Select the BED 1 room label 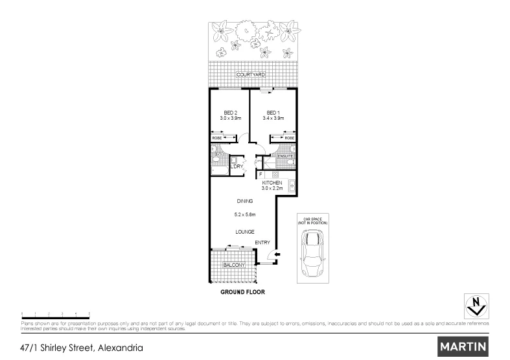pyautogui.click(x=272, y=112)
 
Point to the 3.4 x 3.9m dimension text pyautogui.click(x=273, y=118)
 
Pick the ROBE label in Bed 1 pyautogui.click(x=289, y=138)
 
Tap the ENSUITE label pyautogui.click(x=286, y=156)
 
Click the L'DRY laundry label pyautogui.click(x=237, y=167)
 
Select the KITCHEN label pyautogui.click(x=272, y=183)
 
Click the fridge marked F pyautogui.click(x=261, y=174)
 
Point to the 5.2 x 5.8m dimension pyautogui.click(x=245, y=214)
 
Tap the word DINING pyautogui.click(x=244, y=201)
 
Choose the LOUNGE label pyautogui.click(x=244, y=231)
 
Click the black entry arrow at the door pyautogui.click(x=277, y=255)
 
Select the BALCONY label pyautogui.click(x=233, y=265)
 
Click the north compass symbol pyautogui.click(x=477, y=304)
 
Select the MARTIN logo pyautogui.click(x=463, y=346)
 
